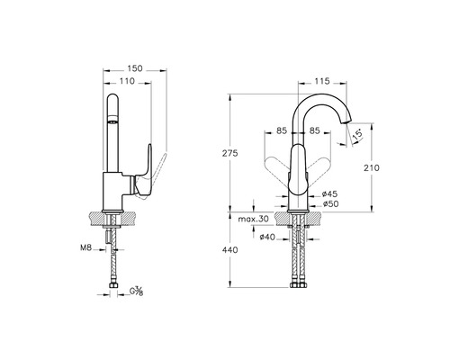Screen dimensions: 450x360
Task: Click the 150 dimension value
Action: pyautogui.click(x=135, y=68)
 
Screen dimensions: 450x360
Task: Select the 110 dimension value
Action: pyautogui.click(x=127, y=81)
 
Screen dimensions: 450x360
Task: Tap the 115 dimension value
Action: pyautogui.click(x=322, y=81)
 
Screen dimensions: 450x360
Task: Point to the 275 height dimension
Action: pyautogui.click(x=229, y=153)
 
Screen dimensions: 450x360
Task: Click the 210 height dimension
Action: pyautogui.click(x=372, y=167)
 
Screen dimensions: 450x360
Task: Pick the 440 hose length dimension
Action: pyautogui.click(x=229, y=249)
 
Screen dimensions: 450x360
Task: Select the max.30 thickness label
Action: pyautogui.click(x=253, y=219)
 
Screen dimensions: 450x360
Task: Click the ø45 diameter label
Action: pyautogui.click(x=329, y=194)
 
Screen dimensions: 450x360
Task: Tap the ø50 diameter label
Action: pyautogui.click(x=330, y=204)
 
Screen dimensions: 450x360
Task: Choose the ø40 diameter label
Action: pyautogui.click(x=267, y=237)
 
